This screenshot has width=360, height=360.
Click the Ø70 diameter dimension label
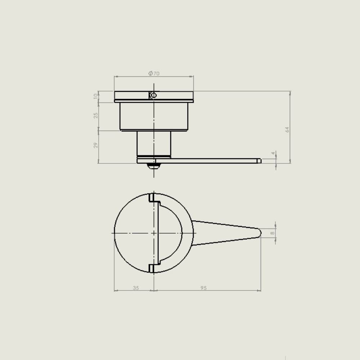pyautogui.click(x=154, y=73)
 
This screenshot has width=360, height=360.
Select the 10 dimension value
pyautogui.click(x=96, y=96)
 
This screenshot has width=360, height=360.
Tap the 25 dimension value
pyautogui.click(x=96, y=115)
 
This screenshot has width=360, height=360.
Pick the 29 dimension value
pyautogui.click(x=96, y=145)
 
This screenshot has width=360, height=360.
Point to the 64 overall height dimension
pyautogui.click(x=287, y=130)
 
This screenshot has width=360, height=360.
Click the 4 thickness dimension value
pyautogui.click(x=273, y=153)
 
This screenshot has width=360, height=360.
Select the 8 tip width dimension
pyautogui.click(x=273, y=233)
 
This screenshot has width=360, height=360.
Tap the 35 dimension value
pyautogui.click(x=136, y=288)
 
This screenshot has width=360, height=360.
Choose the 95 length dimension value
pyautogui.click(x=204, y=288)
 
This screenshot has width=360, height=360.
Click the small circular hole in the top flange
pyautogui.click(x=153, y=95)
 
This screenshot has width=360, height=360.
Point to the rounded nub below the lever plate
pyautogui.click(x=154, y=166)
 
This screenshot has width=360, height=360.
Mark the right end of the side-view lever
pyautogui.click(x=259, y=161)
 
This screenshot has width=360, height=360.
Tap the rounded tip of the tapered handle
pyautogui.click(x=259, y=233)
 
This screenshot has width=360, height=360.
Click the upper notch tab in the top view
pyautogui.click(x=152, y=197)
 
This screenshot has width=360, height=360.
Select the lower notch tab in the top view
pyautogui.click(x=152, y=268)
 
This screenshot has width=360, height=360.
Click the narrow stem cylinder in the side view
pyautogui.click(x=154, y=143)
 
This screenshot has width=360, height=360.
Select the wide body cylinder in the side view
pyautogui.click(x=154, y=116)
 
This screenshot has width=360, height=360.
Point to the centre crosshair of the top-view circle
pyautogui.click(x=154, y=233)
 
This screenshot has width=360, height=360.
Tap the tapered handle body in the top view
pyautogui.click(x=223, y=233)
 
